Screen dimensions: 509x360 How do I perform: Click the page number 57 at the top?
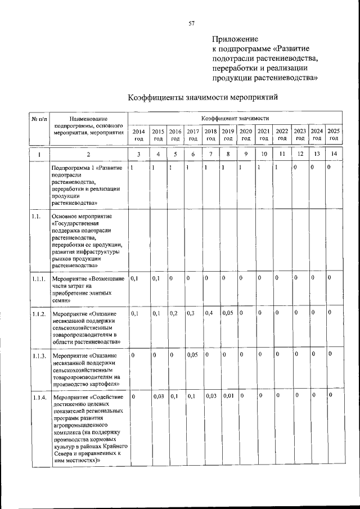191,23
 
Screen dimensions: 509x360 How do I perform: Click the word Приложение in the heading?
235,39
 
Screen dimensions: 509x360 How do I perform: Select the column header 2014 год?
138,134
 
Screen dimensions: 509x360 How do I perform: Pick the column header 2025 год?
334,134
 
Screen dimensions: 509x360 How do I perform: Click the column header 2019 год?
228,134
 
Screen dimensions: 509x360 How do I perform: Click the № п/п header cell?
38,119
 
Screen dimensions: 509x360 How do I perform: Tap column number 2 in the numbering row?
88,154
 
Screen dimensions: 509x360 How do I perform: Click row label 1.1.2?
39,314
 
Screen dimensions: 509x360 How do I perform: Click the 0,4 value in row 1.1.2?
209,313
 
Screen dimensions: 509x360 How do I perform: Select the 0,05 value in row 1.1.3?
192,354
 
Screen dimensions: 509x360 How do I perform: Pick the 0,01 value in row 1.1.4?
227,397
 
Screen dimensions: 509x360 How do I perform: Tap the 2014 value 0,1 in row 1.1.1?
134,278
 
